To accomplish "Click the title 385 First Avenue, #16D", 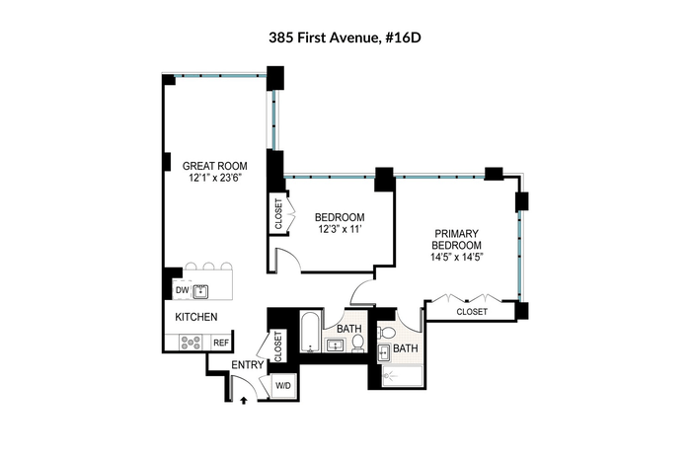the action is pos(345,38).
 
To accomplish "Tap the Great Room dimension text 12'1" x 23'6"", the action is pos(216,178).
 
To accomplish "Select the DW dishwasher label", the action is pos(182,290).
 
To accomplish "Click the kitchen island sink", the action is pos(200,291).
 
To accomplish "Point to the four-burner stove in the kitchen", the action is pos(192,343).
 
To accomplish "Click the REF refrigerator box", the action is pos(221,343).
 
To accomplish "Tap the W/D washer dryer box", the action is pos(283,386).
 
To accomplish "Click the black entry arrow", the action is pos(243,400).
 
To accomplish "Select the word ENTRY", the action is pos(248,365).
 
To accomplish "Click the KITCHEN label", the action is pos(196,317).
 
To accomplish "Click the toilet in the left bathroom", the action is pos(358,343).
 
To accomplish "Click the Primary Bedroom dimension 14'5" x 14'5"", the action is pos(457,257).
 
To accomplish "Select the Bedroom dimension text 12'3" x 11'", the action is pos(340,229).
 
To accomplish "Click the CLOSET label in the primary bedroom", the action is pos(472,312).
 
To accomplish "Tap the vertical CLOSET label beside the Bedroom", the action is pos(278,214).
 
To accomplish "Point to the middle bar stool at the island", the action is pos(208,267).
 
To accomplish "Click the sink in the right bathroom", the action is pos(383,353).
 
